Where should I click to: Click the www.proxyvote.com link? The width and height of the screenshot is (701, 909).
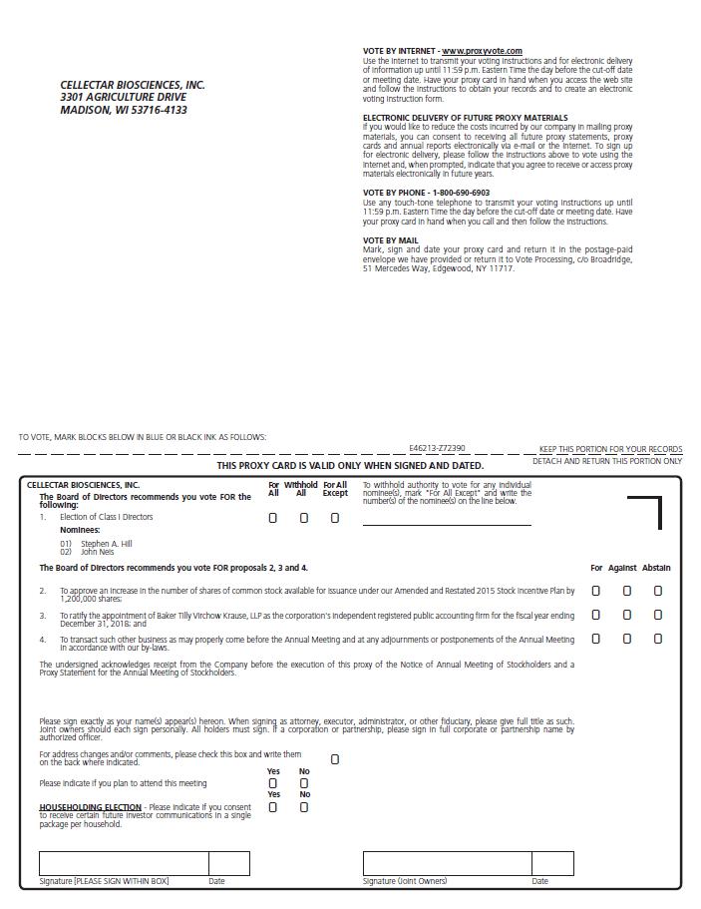click(x=482, y=51)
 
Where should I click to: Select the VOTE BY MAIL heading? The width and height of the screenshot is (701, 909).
click(x=391, y=240)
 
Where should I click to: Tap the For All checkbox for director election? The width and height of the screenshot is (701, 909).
click(x=273, y=518)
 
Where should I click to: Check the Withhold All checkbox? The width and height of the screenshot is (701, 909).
click(x=304, y=518)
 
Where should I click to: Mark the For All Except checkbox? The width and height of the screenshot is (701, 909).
click(x=335, y=518)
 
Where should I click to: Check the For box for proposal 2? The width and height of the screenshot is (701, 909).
click(x=596, y=591)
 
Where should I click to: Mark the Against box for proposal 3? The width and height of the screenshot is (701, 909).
click(x=627, y=615)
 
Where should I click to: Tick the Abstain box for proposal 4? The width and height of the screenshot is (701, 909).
click(x=658, y=639)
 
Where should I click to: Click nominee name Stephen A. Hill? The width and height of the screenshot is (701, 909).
click(x=106, y=544)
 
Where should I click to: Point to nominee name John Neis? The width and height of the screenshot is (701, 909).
click(x=98, y=552)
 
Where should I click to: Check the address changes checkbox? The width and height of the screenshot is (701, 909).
click(x=335, y=759)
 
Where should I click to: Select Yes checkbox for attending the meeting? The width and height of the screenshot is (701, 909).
click(x=273, y=783)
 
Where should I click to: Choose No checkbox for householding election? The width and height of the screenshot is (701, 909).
click(x=304, y=807)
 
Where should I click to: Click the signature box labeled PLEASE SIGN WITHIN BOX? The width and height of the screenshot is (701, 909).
click(x=124, y=863)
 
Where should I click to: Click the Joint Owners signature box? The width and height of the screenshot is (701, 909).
click(x=447, y=863)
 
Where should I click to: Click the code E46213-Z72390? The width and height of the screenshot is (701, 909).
click(x=437, y=449)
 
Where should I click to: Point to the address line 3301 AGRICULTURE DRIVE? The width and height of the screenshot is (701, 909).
click(x=123, y=98)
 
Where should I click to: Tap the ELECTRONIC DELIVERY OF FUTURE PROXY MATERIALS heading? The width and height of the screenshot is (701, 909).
click(x=465, y=118)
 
